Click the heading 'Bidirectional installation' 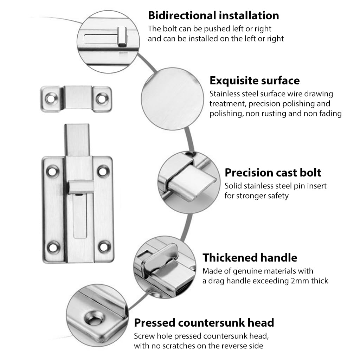pos(213,16)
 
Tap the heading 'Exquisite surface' pos(255,81)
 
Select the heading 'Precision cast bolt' pos(273,173)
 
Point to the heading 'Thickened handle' pos(250,258)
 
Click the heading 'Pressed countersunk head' pos(204,323)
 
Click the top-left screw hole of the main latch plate pos(53,172)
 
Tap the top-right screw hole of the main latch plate pos(103,171)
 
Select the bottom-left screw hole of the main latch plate pos(53,247)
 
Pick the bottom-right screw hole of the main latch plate pos(104,247)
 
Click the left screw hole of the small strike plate pos(51,99)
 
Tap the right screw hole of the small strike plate pos(101,99)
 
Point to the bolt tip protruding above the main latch pos(77,140)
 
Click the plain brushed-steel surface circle pos(172,99)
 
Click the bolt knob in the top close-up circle pos(122,36)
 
